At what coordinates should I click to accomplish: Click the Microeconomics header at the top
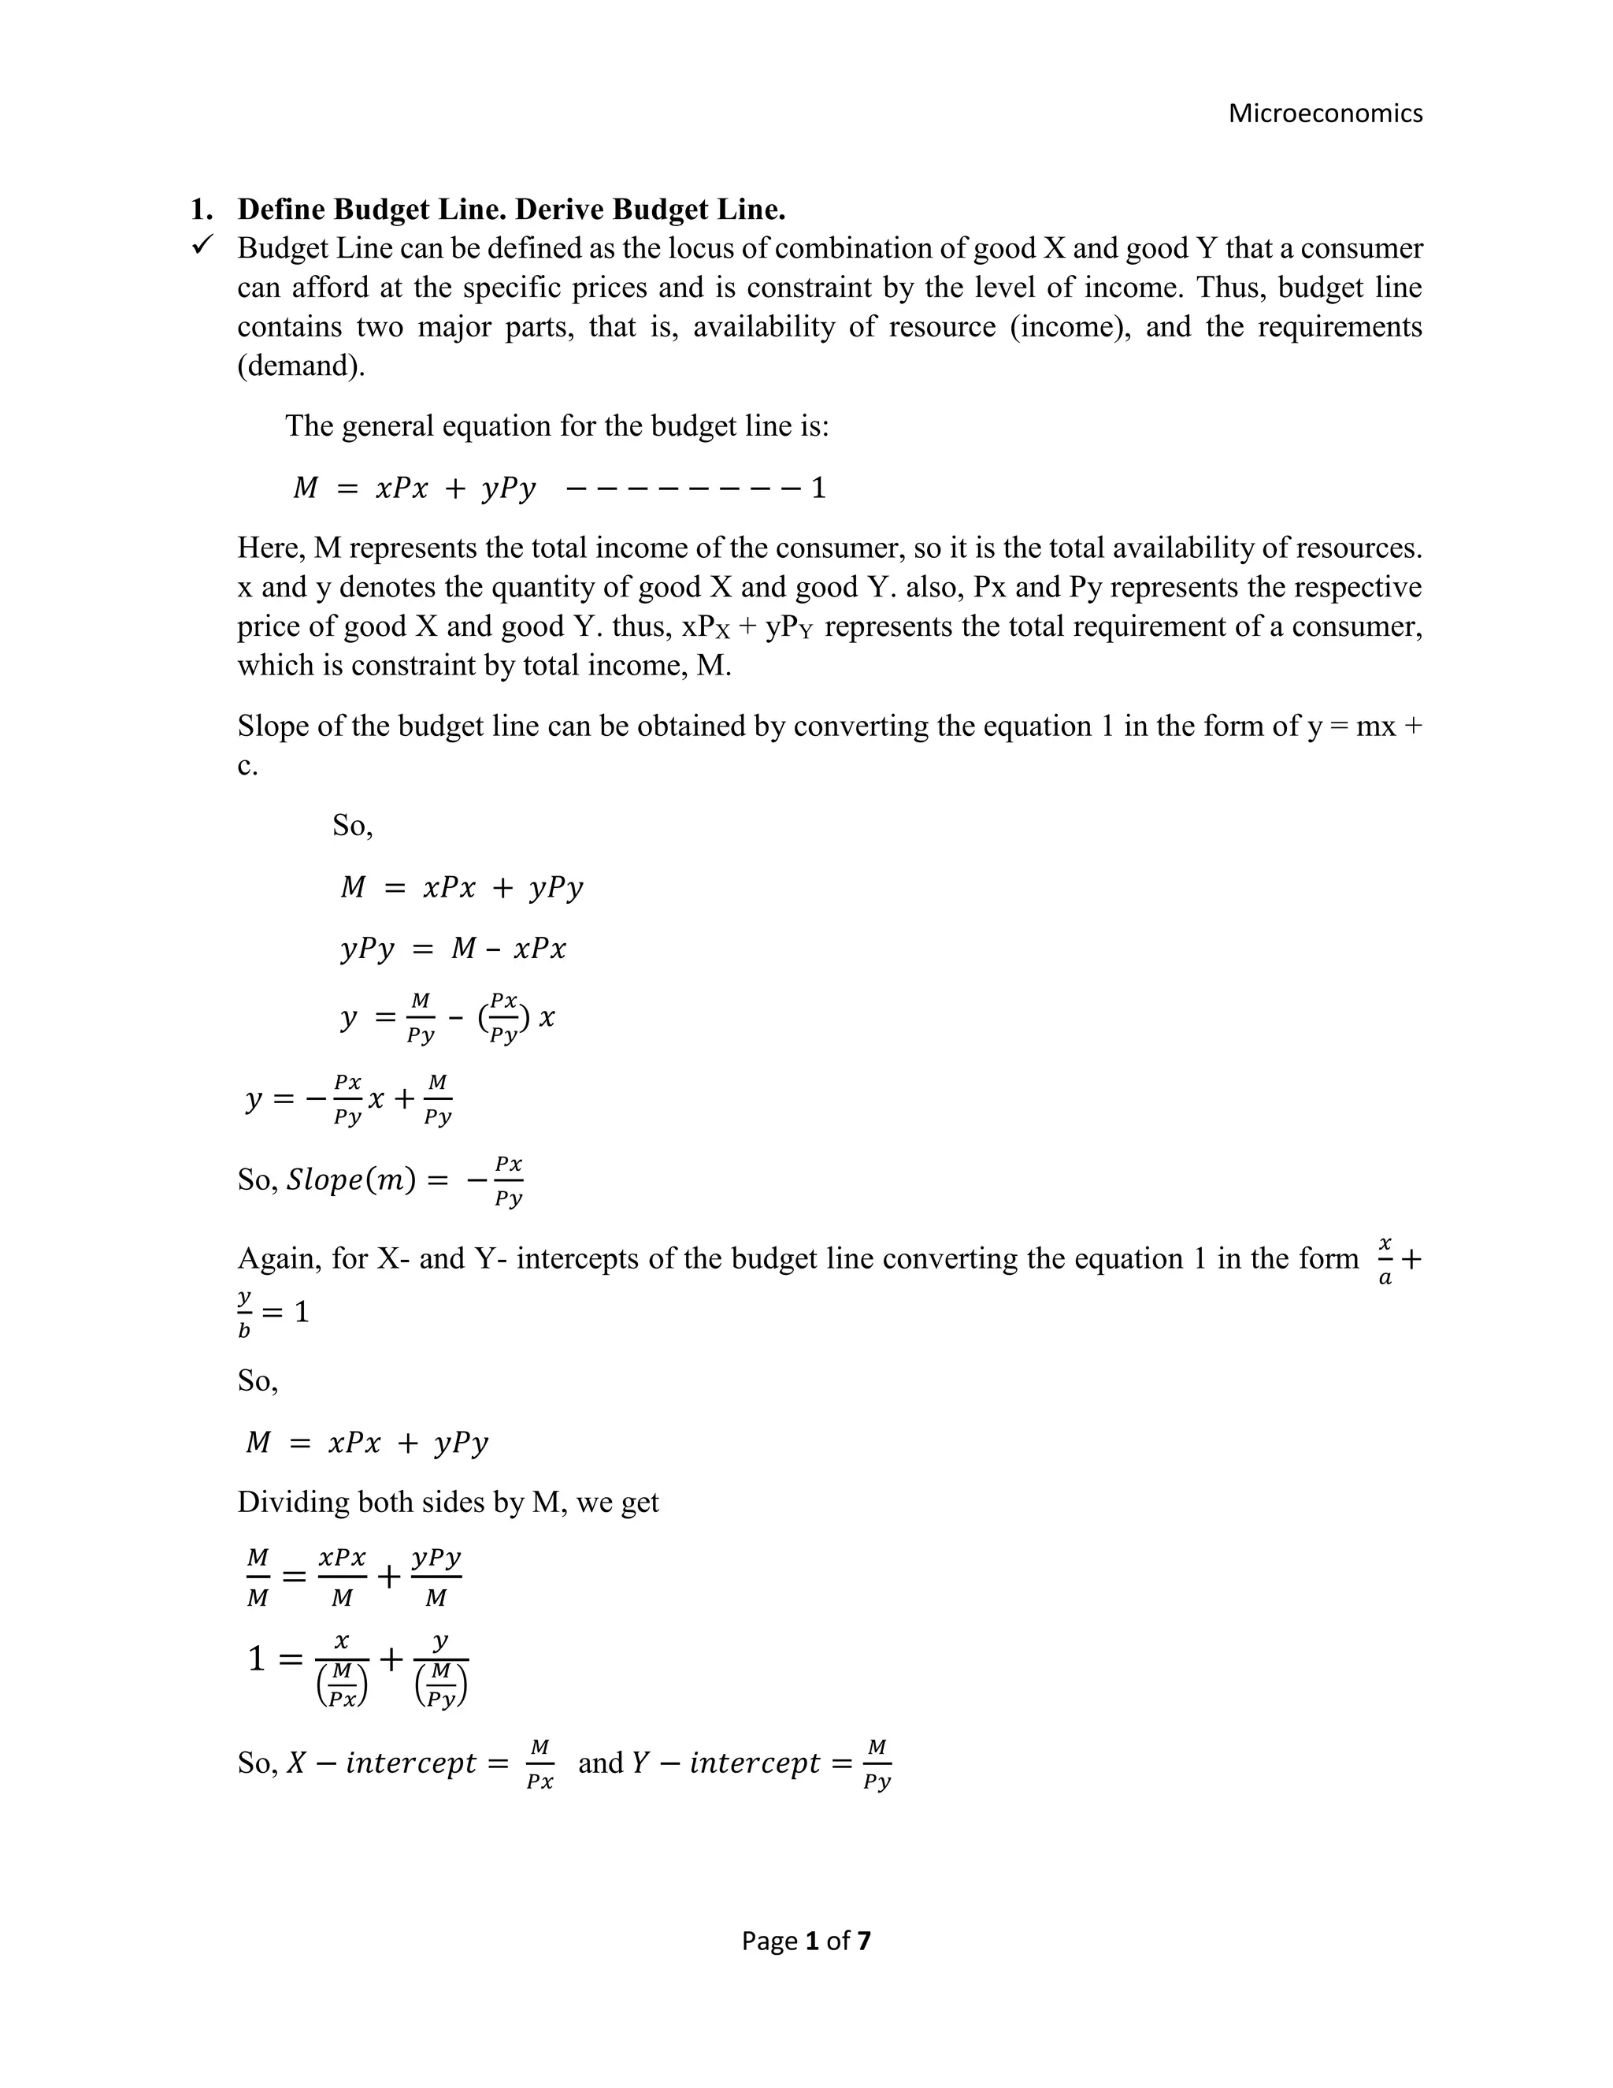[x=1325, y=113]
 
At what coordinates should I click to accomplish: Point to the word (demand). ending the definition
[x=301, y=366]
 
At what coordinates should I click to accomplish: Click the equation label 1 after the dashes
[x=818, y=489]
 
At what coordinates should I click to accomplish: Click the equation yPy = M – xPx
[x=453, y=949]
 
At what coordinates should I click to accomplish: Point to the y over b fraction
[x=245, y=1313]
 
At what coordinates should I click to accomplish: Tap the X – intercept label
[x=381, y=1762]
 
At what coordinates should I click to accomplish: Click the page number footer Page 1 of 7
[x=806, y=1940]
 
